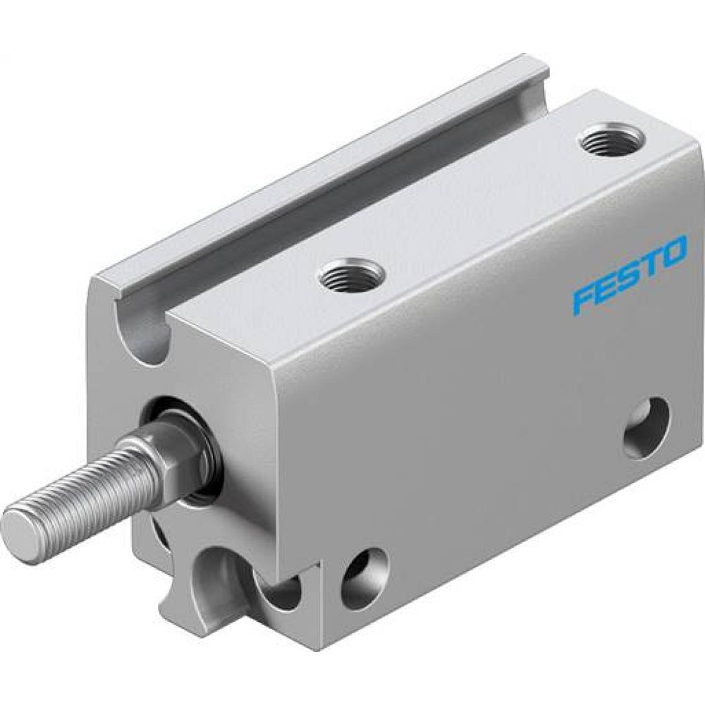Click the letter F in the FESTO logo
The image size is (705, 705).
(x=582, y=299)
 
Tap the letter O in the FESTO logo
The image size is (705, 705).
(x=674, y=253)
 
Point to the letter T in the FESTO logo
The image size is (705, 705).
(x=651, y=264)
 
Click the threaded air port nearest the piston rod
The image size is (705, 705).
(x=352, y=274)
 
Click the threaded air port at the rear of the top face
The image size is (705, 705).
(x=608, y=139)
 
